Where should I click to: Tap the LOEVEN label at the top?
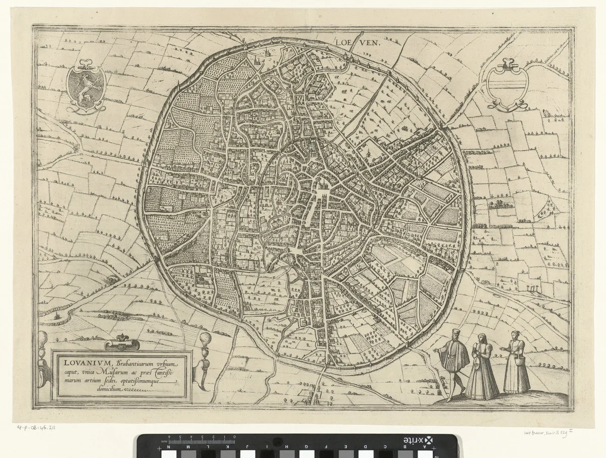click(358, 43)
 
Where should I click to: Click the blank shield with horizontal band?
click(507, 85)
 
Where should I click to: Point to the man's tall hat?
click(456, 333)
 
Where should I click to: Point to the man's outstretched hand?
click(436, 349)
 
